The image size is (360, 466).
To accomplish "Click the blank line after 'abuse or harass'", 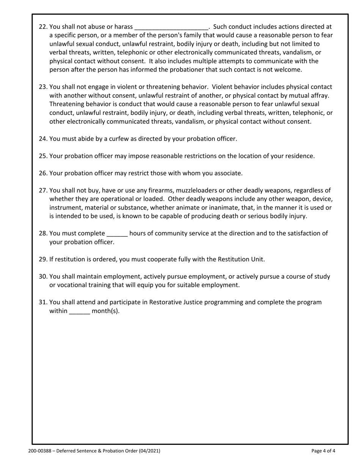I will [x=171, y=28].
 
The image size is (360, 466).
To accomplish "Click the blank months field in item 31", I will [x=80, y=312].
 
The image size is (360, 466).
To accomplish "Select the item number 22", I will [x=43, y=27].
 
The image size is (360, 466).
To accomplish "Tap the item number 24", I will [x=43, y=139].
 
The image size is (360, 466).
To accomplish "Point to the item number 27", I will [x=43, y=190].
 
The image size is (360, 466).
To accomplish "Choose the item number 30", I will [x=43, y=277].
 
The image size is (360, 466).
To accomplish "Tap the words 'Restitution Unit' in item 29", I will [x=241, y=260].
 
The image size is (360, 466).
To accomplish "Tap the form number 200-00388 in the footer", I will [x=40, y=451].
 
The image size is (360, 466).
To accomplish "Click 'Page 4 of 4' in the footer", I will [x=323, y=451].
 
